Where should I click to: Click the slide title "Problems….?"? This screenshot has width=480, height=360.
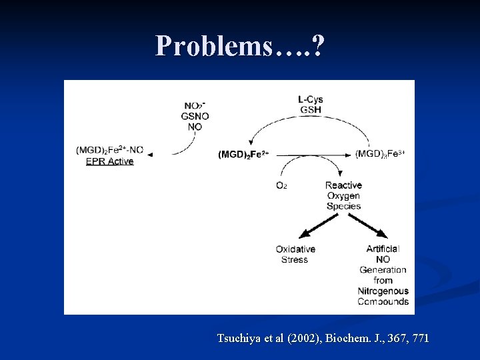(x=240, y=47)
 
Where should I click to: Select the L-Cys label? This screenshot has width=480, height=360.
(x=311, y=100)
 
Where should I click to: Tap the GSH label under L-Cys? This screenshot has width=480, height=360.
(x=311, y=110)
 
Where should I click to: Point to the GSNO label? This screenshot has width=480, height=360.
(x=195, y=116)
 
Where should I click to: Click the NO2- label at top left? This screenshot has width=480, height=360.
(x=195, y=105)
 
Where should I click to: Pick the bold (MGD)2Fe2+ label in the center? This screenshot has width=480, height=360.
(x=243, y=154)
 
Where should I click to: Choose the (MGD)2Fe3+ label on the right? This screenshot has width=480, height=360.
(x=380, y=153)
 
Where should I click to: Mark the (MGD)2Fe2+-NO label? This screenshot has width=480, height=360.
(x=109, y=150)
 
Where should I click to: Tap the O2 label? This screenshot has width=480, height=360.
(x=281, y=185)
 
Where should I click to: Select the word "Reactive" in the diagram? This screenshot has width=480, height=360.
(x=343, y=185)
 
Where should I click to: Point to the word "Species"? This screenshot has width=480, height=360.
(x=343, y=206)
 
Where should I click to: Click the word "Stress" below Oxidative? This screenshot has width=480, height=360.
(x=295, y=259)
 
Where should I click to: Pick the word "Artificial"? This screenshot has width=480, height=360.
(x=383, y=249)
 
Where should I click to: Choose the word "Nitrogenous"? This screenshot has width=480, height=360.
(x=383, y=291)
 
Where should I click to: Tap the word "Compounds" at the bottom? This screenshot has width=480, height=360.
(x=383, y=301)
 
